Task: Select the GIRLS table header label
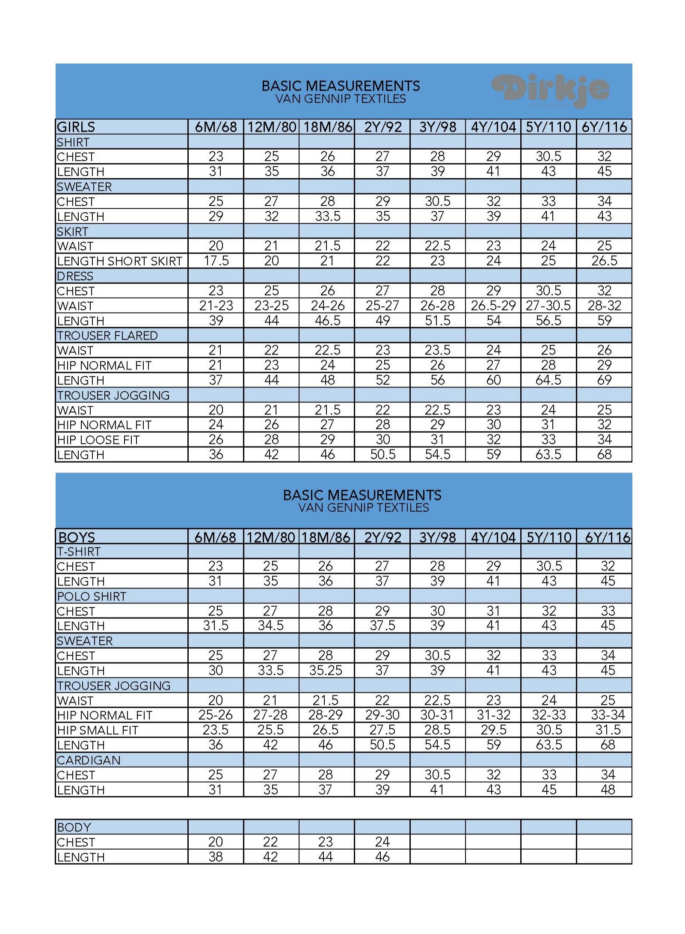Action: pos(76,127)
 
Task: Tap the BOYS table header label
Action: pos(77,537)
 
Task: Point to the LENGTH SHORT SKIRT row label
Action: pos(120,261)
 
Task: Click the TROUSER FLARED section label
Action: pos(107,336)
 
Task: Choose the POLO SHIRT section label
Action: pos(92,596)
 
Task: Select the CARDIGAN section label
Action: pos(89,760)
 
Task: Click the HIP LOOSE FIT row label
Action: pos(98,440)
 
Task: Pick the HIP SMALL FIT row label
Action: pos(98,730)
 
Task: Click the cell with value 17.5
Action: pos(216,261)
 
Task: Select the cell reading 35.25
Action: pos(326,671)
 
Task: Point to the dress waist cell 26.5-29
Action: pos(493,306)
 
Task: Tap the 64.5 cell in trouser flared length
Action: pos(549,380)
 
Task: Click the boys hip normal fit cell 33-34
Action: pos(608,715)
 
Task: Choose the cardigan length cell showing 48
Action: pos(608,789)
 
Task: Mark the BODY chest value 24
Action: pos(382,842)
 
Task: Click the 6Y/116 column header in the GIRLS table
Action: pos(604,127)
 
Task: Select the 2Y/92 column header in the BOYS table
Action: pos(383,537)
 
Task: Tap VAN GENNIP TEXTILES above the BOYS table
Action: pos(363,508)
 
